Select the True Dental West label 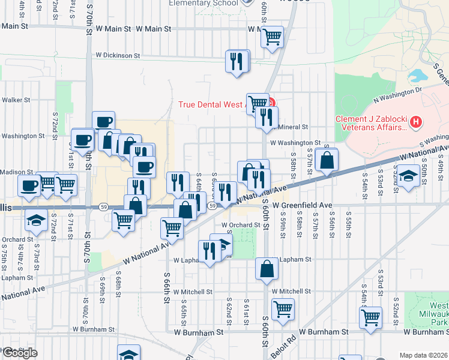[x=213, y=104]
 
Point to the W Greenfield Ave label [x=302, y=205]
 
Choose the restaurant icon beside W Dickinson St [x=237, y=61]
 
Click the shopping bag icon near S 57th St [x=326, y=160]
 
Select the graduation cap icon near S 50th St [x=408, y=178]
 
